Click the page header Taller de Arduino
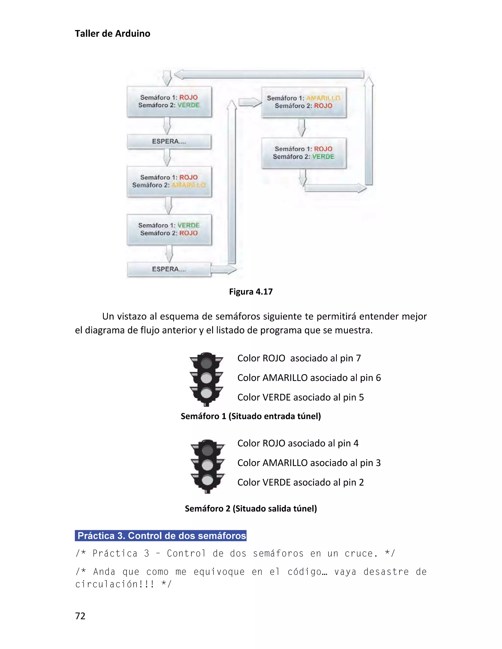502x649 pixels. [113, 34]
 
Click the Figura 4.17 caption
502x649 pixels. [251, 291]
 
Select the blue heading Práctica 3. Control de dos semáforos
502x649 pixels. [161, 535]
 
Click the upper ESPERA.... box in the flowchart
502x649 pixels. [169, 142]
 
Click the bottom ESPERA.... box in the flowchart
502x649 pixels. [169, 269]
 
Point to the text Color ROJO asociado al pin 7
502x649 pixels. [299, 358]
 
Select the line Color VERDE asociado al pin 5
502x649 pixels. [300, 397]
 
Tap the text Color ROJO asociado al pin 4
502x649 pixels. [298, 443]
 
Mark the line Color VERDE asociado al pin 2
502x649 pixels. [300, 482]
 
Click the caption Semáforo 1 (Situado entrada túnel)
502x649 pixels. [251, 416]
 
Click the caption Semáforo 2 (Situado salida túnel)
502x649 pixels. [251, 508]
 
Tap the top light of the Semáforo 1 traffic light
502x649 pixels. [206, 363]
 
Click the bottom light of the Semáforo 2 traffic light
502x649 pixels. [208, 480]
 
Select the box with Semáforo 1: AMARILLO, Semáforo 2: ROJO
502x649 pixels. [304, 102]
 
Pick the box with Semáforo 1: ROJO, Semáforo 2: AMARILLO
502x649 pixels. [169, 181]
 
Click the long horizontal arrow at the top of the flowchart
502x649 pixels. [269, 74]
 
